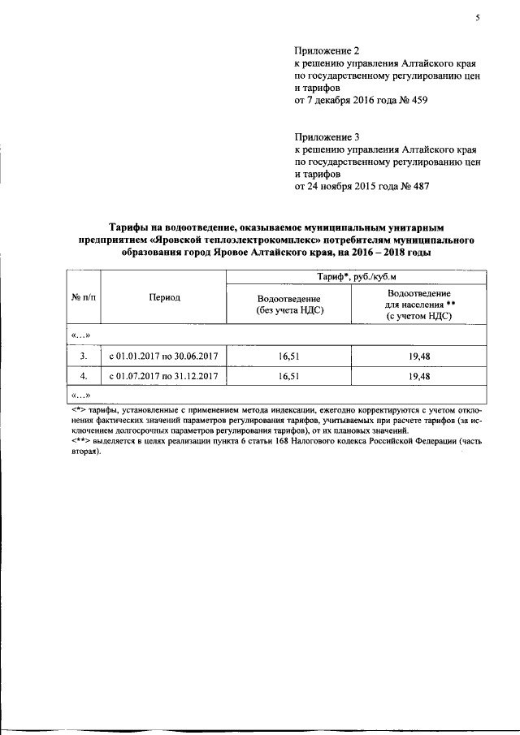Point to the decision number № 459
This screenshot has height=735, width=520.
(x=412, y=101)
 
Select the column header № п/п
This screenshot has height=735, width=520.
(x=84, y=298)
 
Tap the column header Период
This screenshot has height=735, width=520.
(x=164, y=298)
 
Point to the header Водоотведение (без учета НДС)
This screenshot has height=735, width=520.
(x=288, y=305)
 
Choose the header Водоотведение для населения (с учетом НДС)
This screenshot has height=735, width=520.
(x=420, y=305)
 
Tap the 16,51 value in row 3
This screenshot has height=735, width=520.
(x=288, y=356)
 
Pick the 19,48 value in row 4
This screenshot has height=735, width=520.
(x=419, y=377)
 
